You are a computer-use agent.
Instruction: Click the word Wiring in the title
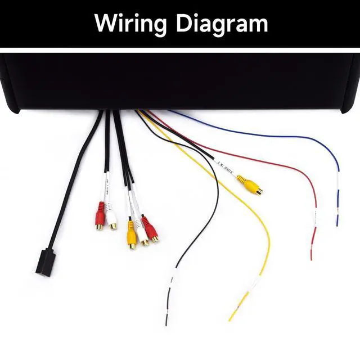click(x=130, y=24)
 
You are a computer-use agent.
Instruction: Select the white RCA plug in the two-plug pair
click(x=111, y=217)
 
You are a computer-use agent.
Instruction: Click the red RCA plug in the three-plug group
click(x=150, y=228)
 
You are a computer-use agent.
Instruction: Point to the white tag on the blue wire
click(x=337, y=180)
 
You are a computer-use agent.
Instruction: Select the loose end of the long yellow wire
click(x=231, y=319)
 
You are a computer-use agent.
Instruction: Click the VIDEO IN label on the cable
click(x=226, y=168)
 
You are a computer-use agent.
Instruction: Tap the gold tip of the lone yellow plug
click(x=259, y=191)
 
